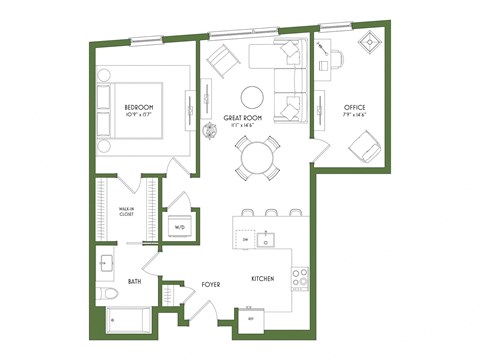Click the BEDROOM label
click(x=139, y=107)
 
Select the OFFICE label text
click(x=354, y=107)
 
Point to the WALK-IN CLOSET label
click(x=126, y=211)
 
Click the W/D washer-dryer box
click(x=181, y=227)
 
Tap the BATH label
click(x=136, y=283)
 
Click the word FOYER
click(x=211, y=285)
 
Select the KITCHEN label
click(x=262, y=281)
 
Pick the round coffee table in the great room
click(x=253, y=97)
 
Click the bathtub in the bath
click(x=128, y=322)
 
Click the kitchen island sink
click(x=266, y=240)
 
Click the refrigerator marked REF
click(x=251, y=322)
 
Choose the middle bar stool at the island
click(x=271, y=213)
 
